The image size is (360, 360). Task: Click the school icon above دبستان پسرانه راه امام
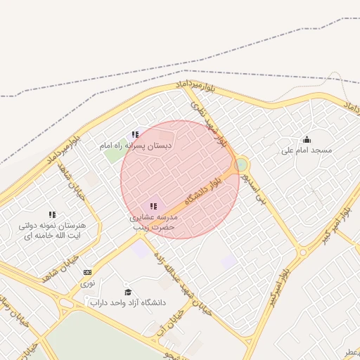[x=135, y=134]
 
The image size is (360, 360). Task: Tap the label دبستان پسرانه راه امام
[x=135, y=146]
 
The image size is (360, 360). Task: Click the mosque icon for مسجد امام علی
[x=306, y=139]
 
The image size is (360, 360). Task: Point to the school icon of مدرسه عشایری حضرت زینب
[x=153, y=206]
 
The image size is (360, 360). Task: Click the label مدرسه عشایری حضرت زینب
[x=153, y=223]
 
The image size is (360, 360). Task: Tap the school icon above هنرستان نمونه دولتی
[x=52, y=214]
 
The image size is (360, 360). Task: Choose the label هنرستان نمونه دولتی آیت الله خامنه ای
[x=52, y=231]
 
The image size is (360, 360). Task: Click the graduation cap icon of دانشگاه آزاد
[x=127, y=292]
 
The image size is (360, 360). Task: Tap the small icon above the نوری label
[x=87, y=272]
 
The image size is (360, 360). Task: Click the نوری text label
[x=87, y=283]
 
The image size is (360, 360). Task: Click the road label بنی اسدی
[x=253, y=188]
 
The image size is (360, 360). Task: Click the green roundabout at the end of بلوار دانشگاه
[x=242, y=165]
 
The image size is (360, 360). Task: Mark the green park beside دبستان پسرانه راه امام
[x=114, y=154]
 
